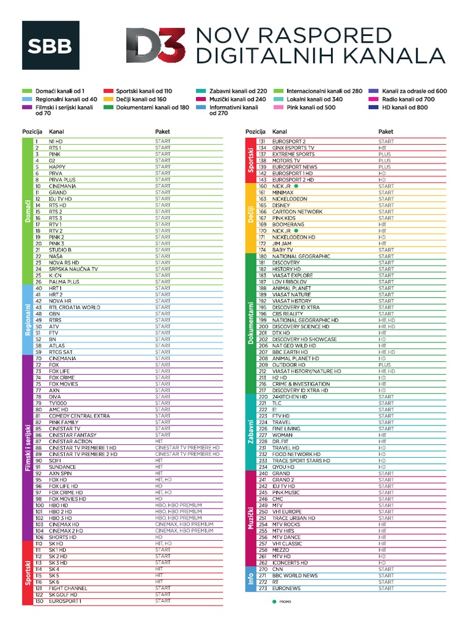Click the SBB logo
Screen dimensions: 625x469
point(51,45)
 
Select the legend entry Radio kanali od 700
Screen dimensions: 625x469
point(409,99)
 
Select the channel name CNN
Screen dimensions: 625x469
point(278,569)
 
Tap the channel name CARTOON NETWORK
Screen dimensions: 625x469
point(297,212)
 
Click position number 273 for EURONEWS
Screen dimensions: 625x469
point(263,588)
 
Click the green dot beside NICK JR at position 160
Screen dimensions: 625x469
point(295,186)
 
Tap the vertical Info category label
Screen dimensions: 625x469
point(250,579)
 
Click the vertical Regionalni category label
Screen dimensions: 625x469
point(27,320)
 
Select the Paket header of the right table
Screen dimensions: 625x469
point(386,131)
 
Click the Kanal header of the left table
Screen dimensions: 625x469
point(56,131)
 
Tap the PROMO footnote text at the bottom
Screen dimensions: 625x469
point(285,602)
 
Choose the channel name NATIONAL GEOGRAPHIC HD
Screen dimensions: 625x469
point(305,320)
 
